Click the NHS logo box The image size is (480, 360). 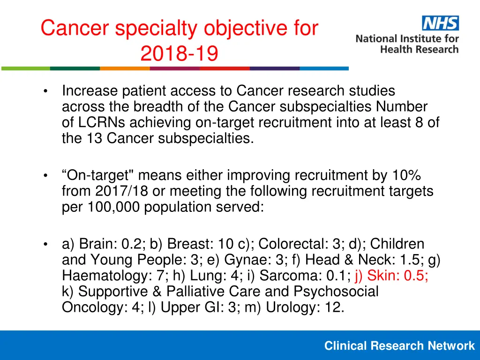click(440, 23)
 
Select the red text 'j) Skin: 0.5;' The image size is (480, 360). click(391, 276)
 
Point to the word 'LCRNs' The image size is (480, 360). click(103, 122)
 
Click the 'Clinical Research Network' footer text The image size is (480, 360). click(399, 346)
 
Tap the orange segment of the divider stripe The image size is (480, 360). click(125, 68)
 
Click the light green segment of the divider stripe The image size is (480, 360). click(25, 68)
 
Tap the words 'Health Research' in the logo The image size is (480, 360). click(420, 49)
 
